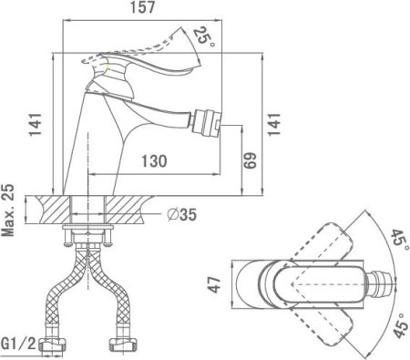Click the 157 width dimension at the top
pyautogui.click(x=142, y=7)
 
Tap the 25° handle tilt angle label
pyautogui.click(x=204, y=37)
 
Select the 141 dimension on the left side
pyautogui.click(x=36, y=125)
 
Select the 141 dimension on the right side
pyautogui.click(x=274, y=125)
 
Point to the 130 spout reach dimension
pyautogui.click(x=154, y=161)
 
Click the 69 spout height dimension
pyautogui.click(x=250, y=160)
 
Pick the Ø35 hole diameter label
pyautogui.click(x=182, y=214)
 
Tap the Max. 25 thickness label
pyautogui.click(x=8, y=211)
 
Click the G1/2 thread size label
pyautogui.click(x=18, y=344)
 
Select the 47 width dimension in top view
pyautogui.click(x=215, y=284)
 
